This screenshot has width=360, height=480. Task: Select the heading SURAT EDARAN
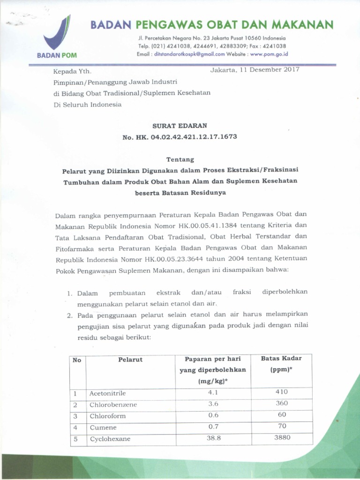[180, 126]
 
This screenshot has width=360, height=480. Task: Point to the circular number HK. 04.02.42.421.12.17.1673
[180, 137]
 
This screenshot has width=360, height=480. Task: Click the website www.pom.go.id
[269, 54]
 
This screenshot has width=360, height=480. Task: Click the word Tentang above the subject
[180, 160]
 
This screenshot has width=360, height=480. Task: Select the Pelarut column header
[130, 360]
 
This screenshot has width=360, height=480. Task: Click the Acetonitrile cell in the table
[107, 393]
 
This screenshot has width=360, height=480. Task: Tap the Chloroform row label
[107, 416]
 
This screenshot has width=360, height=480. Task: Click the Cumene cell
[103, 427]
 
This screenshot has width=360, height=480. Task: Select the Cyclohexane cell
[110, 439]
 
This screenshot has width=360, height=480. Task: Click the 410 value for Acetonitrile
[281, 392]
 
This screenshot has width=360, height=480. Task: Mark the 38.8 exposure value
[213, 438]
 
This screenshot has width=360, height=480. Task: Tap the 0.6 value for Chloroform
[213, 415]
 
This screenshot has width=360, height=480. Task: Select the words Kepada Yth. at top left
[73, 72]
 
